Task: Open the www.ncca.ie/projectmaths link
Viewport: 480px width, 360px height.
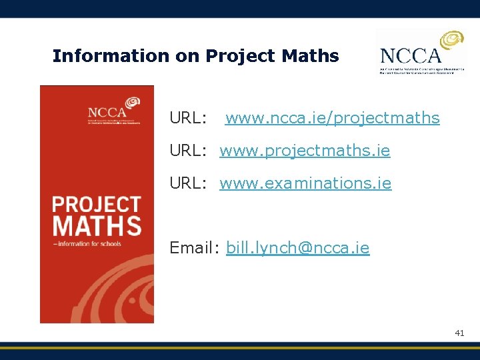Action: (332, 119)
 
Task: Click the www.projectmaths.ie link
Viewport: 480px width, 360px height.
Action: (305, 151)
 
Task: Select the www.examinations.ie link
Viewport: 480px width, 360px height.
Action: (305, 183)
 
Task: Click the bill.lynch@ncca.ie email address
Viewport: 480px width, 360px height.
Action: (297, 249)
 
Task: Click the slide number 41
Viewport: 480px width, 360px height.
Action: (459, 332)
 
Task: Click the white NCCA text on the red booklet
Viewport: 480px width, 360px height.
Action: (106, 113)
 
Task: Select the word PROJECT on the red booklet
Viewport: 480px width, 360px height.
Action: (97, 204)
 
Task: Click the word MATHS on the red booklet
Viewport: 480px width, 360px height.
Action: (97, 225)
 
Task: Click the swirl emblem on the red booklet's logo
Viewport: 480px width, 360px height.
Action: (132, 103)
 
